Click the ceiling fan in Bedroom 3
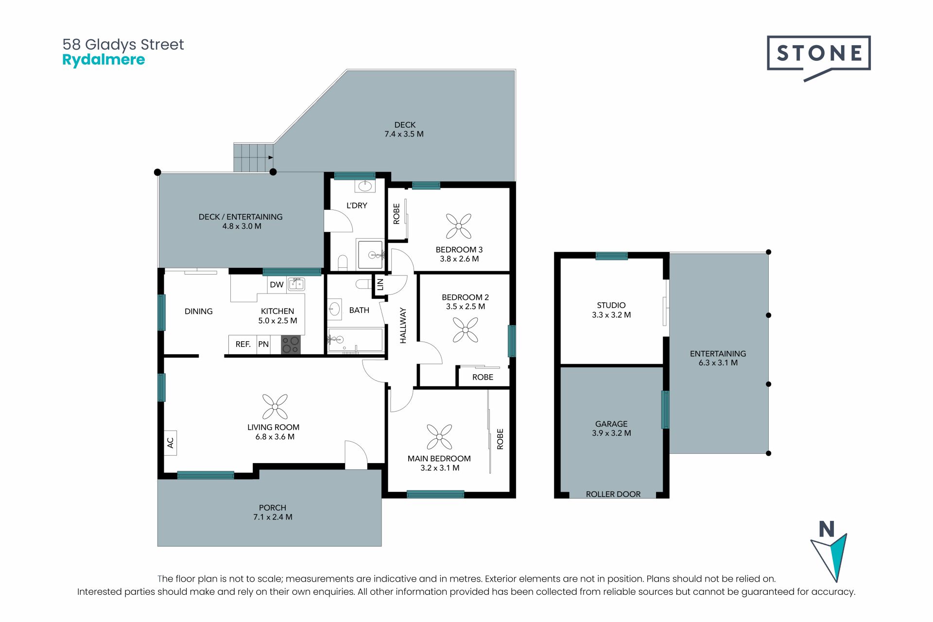(x=458, y=226)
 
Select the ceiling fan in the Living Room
(x=275, y=407)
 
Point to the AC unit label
(x=170, y=443)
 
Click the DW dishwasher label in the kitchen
(x=276, y=285)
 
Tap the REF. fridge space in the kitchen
(x=243, y=345)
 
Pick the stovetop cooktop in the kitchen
(x=291, y=345)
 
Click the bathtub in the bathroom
(x=356, y=339)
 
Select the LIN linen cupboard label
(x=380, y=284)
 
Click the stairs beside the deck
(x=253, y=157)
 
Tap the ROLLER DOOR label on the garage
(x=613, y=494)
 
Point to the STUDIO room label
(x=611, y=305)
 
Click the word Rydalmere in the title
(x=104, y=60)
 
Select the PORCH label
(x=273, y=508)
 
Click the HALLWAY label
(x=403, y=326)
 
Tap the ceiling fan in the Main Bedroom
(x=439, y=436)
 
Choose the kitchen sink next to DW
(x=296, y=284)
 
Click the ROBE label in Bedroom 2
(x=483, y=377)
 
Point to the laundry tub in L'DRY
(x=365, y=186)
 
